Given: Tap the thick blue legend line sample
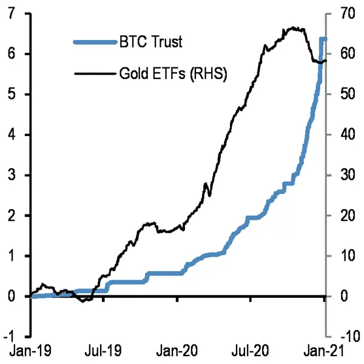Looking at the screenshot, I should point(94,42).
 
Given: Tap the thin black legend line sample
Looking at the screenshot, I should point(94,74).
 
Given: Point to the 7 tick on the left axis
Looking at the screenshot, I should point(13,14).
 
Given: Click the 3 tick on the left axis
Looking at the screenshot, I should point(13,175).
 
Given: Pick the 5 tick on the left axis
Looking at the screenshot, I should point(13,94).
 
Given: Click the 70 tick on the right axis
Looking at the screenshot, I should point(345,14).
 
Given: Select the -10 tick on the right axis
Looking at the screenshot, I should point(347,337).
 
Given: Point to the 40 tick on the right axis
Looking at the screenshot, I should point(345,135).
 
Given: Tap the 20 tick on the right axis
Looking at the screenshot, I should point(345,216).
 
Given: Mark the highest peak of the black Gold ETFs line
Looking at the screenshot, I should point(292,27).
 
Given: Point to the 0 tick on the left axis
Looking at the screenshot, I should point(13,297).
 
